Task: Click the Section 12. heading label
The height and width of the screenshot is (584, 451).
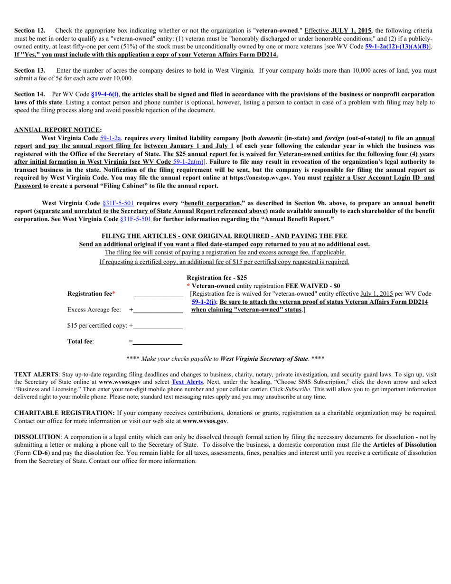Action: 29,30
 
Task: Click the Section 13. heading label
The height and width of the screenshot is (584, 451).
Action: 29,70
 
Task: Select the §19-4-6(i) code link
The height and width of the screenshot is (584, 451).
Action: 105,94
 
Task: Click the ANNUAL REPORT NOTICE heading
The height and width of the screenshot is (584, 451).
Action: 57,130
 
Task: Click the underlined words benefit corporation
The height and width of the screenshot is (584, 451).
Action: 213,203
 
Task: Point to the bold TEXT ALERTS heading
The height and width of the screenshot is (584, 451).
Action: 36,374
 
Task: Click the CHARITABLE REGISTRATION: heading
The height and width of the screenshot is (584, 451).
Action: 64,413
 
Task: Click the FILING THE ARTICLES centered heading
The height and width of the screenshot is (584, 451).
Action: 224,236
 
